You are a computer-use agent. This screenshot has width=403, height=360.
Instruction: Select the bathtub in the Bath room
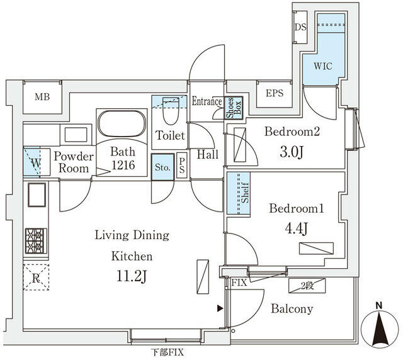(x=122, y=123)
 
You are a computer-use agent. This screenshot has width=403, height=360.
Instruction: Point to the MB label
(x=42, y=97)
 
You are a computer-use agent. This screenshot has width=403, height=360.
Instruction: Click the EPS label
(x=275, y=93)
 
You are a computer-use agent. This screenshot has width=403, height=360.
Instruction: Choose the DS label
(x=300, y=27)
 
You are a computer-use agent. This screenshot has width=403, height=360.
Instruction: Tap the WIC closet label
(x=323, y=66)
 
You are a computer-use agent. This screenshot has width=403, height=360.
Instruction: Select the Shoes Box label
(x=234, y=108)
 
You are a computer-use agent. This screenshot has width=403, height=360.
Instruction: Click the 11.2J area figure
(x=132, y=277)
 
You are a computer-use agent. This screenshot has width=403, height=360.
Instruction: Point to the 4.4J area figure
(x=297, y=228)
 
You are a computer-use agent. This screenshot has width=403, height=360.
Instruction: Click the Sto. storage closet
(x=162, y=167)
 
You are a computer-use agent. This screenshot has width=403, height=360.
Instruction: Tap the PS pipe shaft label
(x=182, y=166)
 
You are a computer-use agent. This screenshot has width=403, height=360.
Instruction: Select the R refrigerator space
(x=36, y=278)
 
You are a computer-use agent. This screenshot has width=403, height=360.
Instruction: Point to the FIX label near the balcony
(x=239, y=283)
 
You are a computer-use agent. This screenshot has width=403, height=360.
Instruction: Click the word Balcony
(x=292, y=309)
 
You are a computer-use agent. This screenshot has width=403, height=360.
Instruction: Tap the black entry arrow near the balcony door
(x=220, y=308)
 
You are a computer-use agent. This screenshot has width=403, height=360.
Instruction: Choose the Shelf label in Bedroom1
(x=246, y=193)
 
